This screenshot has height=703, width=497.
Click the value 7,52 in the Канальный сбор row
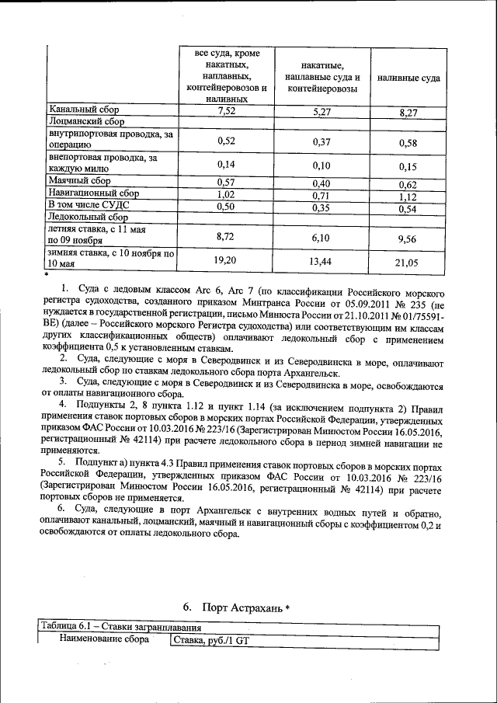(x=227, y=111)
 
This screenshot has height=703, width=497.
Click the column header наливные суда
(x=408, y=78)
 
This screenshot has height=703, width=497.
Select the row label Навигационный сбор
(x=93, y=193)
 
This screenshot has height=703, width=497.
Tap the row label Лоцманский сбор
(x=85, y=122)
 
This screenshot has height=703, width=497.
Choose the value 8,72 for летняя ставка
(x=227, y=235)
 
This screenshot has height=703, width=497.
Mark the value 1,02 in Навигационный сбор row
(x=227, y=194)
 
